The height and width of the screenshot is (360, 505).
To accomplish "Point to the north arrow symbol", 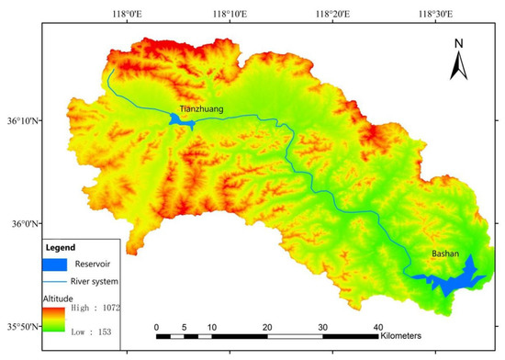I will (460, 61).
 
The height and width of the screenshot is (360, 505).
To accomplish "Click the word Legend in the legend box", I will (61, 248).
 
